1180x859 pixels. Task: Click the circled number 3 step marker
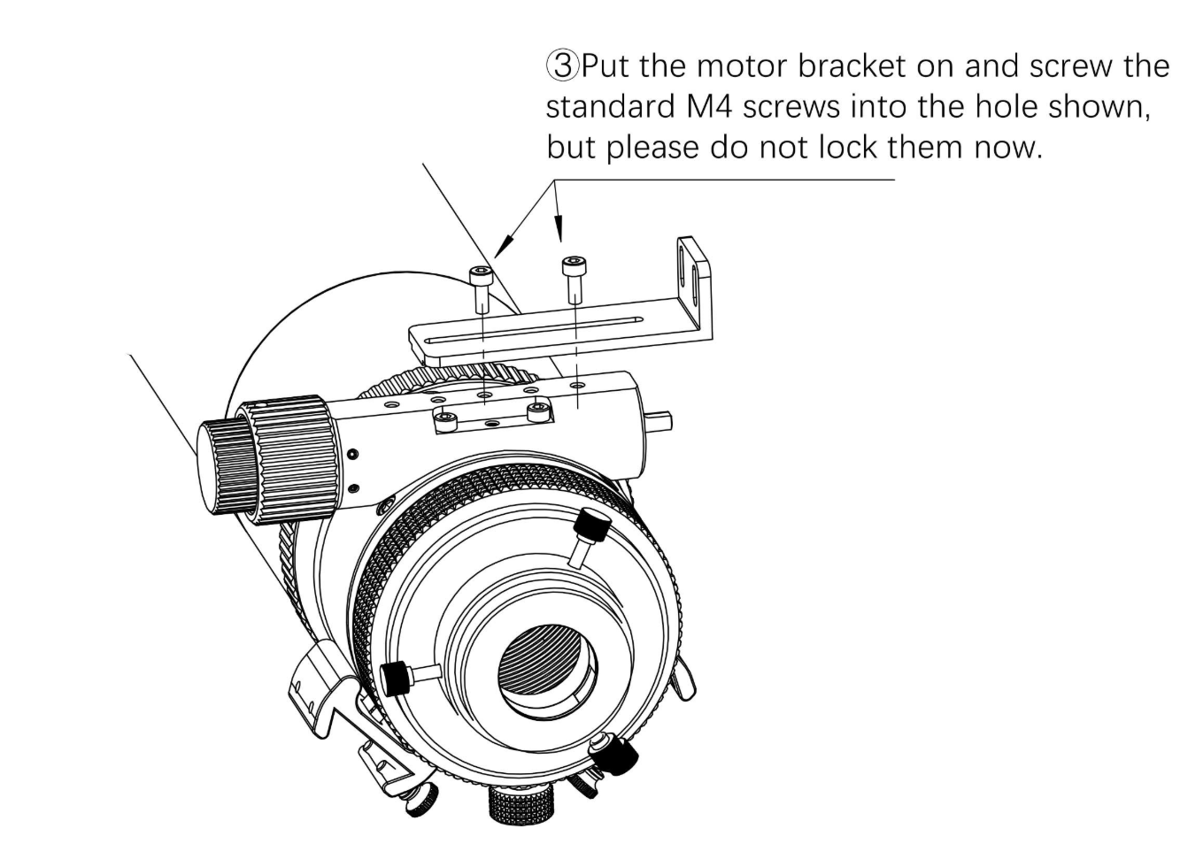pyautogui.click(x=561, y=65)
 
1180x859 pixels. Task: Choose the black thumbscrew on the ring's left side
pyautogui.click(x=397, y=677)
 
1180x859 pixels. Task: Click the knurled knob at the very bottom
pyautogui.click(x=521, y=806)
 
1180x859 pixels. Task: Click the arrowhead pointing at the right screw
pyautogui.click(x=559, y=232)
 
